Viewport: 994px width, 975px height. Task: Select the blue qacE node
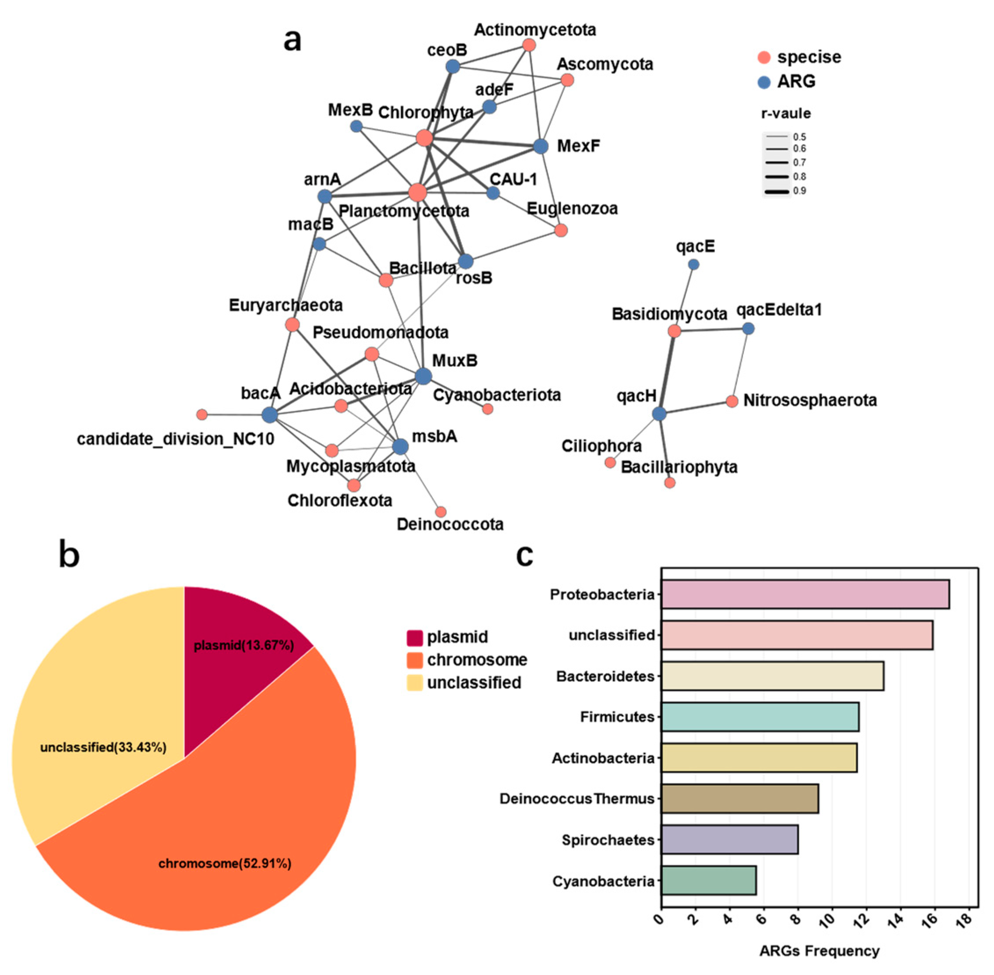pyautogui.click(x=693, y=264)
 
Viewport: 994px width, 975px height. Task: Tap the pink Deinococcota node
pyautogui.click(x=440, y=511)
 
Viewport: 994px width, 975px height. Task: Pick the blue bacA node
pyautogui.click(x=269, y=415)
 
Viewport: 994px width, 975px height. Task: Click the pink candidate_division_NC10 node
pyautogui.click(x=202, y=414)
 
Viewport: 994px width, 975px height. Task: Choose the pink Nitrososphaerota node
pyautogui.click(x=732, y=401)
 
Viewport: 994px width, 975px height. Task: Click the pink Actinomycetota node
pyautogui.click(x=529, y=45)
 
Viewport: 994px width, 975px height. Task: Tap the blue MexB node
pyautogui.click(x=356, y=126)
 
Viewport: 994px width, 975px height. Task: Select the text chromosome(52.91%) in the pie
pyautogui.click(x=225, y=863)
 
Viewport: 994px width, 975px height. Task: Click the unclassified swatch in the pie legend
pyautogui.click(x=415, y=683)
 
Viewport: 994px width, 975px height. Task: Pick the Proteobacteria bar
pyautogui.click(x=805, y=594)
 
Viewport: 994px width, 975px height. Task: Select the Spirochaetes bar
pyautogui.click(x=729, y=839)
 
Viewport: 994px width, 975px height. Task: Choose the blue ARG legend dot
pyautogui.click(x=764, y=82)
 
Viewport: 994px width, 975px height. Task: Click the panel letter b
pyautogui.click(x=69, y=555)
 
